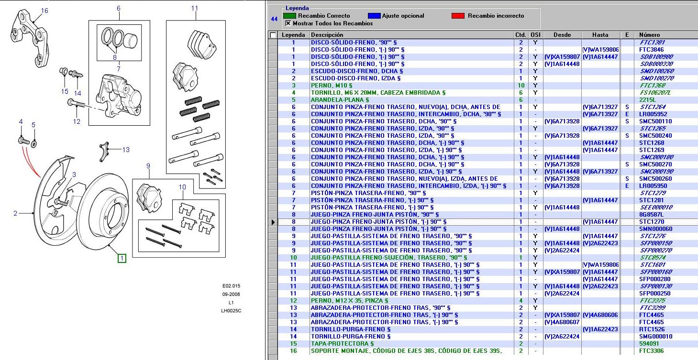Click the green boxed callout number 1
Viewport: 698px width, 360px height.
(122, 259)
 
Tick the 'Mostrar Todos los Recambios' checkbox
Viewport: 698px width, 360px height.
(288, 23)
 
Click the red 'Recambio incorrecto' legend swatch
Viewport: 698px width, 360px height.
(458, 16)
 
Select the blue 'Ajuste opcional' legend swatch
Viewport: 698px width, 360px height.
(374, 16)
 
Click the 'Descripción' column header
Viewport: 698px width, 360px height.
(327, 35)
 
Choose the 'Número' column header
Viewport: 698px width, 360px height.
(649, 35)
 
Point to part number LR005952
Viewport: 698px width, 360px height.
(653, 114)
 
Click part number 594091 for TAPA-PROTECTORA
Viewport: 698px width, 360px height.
(649, 344)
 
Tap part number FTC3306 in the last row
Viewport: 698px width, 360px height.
(651, 351)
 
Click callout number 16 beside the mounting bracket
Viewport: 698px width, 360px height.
(44, 11)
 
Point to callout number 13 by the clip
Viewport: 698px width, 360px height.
(126, 150)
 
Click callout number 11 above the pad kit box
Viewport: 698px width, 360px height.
(194, 8)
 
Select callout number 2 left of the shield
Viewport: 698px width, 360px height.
(15, 213)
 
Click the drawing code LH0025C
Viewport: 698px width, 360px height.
(231, 311)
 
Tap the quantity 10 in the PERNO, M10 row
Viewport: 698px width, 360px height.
(521, 86)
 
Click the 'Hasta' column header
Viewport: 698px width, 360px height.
(600, 35)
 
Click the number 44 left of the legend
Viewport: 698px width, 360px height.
(274, 19)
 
